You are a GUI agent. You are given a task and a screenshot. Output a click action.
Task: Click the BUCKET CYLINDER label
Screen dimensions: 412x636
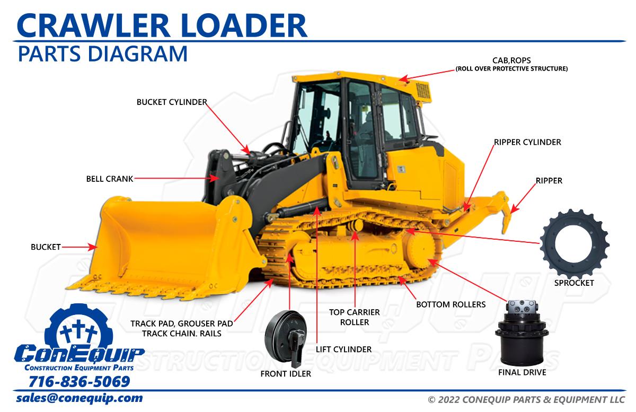coord(171,102)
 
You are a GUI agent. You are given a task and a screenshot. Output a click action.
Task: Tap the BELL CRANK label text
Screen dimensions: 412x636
coord(110,179)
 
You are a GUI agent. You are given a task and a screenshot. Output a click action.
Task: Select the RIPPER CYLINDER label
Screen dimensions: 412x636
coord(527,142)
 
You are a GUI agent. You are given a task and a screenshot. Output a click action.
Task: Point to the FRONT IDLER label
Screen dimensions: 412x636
coord(286,374)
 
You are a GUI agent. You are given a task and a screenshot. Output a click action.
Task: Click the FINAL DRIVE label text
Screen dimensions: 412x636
coord(522,372)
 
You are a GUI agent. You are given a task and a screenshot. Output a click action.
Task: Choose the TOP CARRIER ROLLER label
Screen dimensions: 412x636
coord(349,317)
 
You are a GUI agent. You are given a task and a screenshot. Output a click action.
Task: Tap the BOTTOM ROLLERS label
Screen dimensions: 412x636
coord(450,304)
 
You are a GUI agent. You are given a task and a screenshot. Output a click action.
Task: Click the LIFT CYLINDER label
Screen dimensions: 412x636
coord(343,349)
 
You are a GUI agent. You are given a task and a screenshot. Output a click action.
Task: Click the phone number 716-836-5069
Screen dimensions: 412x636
coord(79,382)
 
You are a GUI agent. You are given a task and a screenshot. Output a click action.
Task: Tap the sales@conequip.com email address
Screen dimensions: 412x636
coord(79,398)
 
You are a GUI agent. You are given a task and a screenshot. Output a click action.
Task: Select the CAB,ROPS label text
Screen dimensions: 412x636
coord(511,60)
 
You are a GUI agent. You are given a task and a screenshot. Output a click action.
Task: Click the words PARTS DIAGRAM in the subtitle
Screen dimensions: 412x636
coord(102,54)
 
